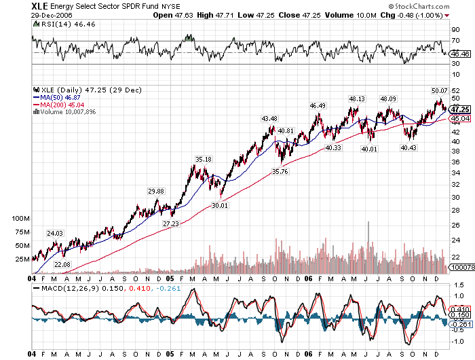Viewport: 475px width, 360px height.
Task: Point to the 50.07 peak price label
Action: pos(440,90)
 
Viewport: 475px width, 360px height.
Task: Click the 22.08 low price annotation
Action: pos(62,264)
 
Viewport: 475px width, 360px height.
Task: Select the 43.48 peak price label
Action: pos(269,119)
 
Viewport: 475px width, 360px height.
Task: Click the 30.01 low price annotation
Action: pos(219,204)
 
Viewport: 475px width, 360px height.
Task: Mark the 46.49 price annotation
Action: pos(318,105)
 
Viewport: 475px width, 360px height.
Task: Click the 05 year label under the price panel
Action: pos(170,278)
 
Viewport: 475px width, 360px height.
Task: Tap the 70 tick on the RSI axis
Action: pos(456,41)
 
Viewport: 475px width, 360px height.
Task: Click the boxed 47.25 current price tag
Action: pos(461,109)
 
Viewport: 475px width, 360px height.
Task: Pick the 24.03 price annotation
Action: pos(54,233)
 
